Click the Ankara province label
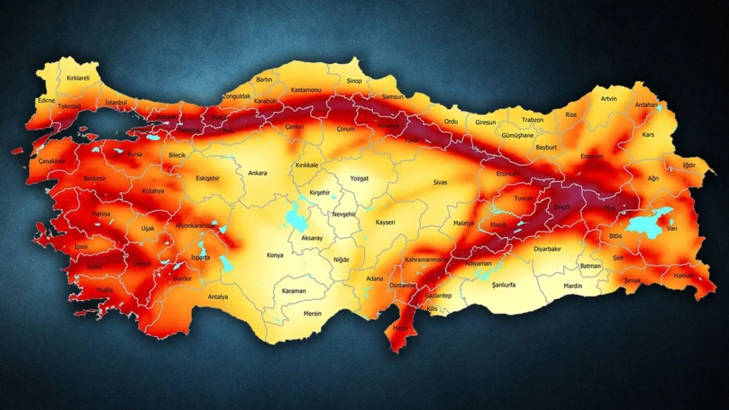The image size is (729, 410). tap(258, 173)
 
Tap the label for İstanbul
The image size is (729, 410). tap(115, 103)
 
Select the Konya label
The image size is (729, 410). tap(275, 255)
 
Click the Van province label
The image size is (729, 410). tap(672, 228)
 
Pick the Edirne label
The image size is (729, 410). tap(46, 100)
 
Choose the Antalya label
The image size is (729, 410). tap(217, 297)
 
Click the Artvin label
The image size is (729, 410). tap(609, 98)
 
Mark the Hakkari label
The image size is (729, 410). tap(684, 275)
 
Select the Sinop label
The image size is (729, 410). tap(354, 81)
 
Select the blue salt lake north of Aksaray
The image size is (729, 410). tap(296, 216)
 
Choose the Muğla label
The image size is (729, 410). tap(104, 290)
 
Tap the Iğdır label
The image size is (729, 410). tap(689, 164)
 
